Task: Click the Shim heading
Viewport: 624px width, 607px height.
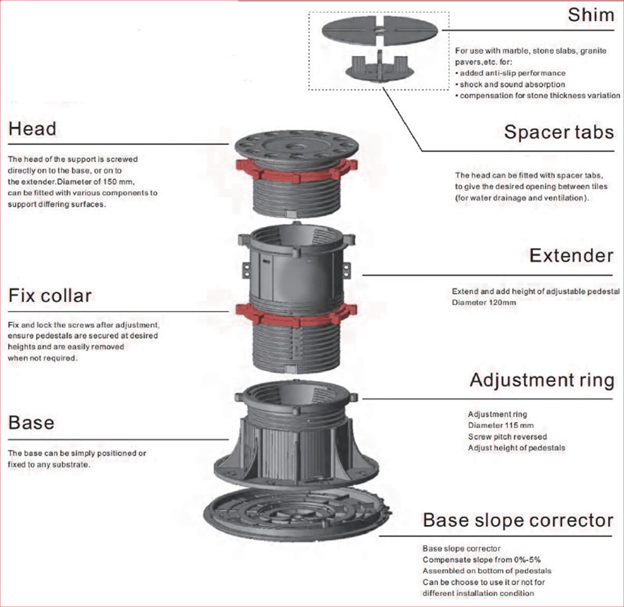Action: tap(590, 15)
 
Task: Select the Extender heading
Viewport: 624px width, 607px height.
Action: tap(571, 256)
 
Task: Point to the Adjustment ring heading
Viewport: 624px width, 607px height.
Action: tap(542, 380)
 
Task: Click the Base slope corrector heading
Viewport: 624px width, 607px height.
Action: tap(518, 520)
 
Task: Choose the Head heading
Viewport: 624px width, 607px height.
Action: tap(32, 129)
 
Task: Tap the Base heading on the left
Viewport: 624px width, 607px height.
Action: tap(31, 423)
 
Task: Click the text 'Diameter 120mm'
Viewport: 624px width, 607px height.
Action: tap(484, 303)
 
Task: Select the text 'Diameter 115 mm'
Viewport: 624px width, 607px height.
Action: tap(501, 425)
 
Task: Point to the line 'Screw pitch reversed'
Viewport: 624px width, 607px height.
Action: tap(507, 436)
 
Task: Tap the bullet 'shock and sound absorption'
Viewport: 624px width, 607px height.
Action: tap(512, 84)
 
